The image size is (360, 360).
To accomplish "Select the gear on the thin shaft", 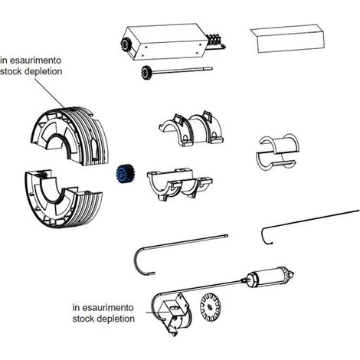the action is click(146, 72).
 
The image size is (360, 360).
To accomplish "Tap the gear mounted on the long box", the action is click(125, 45).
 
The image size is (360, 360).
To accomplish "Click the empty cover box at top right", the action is click(287, 38).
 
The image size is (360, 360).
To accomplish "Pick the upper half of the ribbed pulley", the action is click(70, 136).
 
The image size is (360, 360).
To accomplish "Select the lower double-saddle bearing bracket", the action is click(179, 184).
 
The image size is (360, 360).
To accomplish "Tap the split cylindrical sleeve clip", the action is click(278, 152).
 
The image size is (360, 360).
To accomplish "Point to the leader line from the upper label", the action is click(49, 92).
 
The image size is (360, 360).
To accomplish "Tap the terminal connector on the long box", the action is click(215, 41).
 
